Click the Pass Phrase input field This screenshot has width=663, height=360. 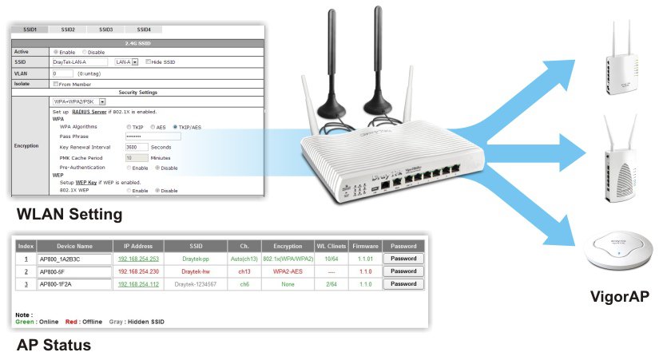[x=153, y=136]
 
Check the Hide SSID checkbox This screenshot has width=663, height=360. [x=149, y=61]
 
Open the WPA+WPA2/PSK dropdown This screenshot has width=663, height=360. [x=79, y=101]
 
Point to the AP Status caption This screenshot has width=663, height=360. [x=54, y=346]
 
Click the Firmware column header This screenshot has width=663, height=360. [x=364, y=245]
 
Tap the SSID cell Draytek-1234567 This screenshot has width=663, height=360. [x=196, y=283]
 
